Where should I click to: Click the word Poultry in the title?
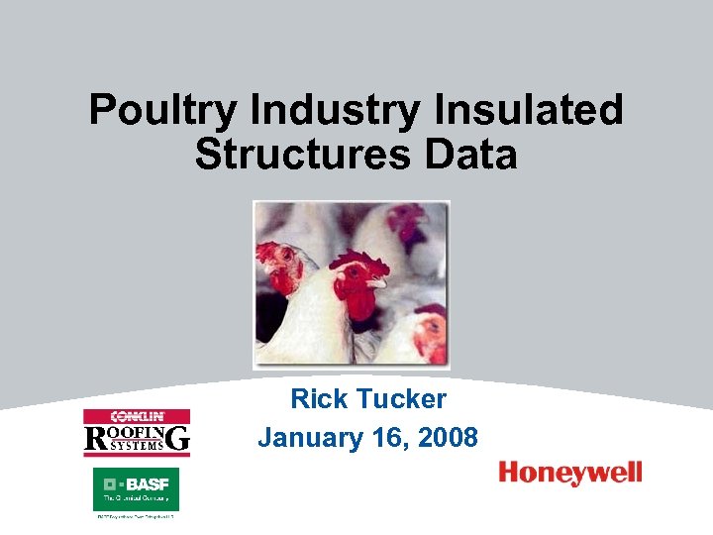pos(162,111)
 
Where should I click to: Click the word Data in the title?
pos(470,155)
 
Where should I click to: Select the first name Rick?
pos(320,399)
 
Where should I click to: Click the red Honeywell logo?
pos(570,474)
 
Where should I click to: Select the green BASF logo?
pos(136,489)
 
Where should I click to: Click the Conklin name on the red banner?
pos(137,416)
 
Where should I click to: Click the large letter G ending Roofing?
pos(179,438)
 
